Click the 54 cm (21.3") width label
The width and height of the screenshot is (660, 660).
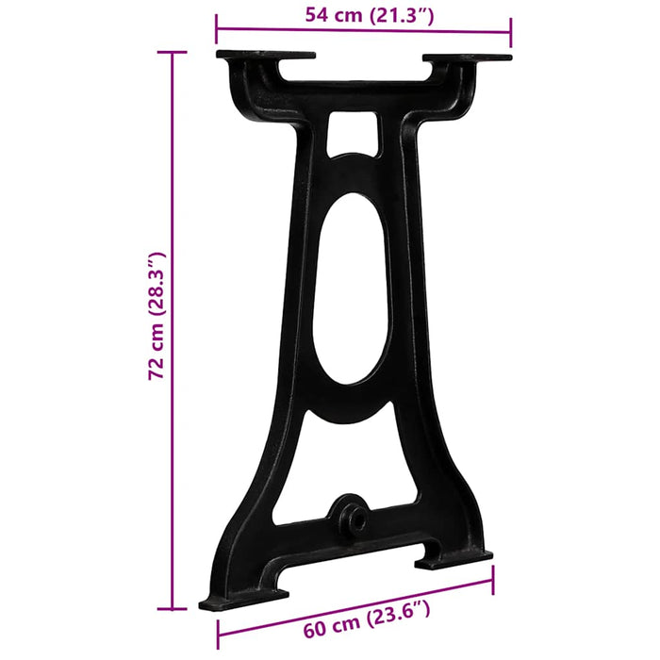[363, 14]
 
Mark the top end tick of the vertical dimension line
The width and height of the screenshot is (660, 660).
[172, 53]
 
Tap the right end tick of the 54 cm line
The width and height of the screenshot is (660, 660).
[511, 30]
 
